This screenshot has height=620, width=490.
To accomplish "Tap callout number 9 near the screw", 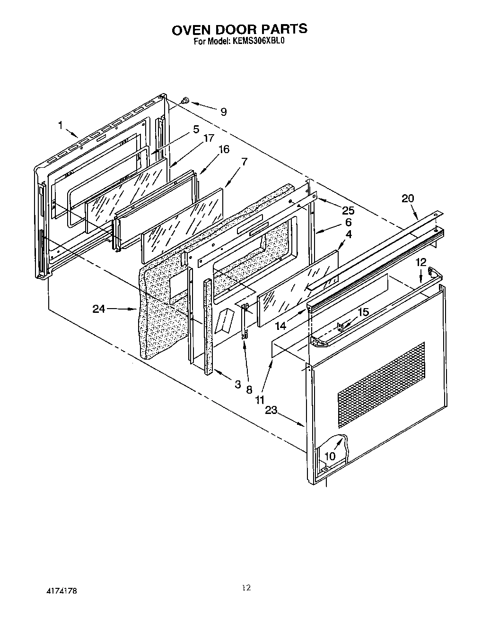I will click(x=223, y=112).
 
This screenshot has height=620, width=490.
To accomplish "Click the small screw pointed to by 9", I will click(x=185, y=100).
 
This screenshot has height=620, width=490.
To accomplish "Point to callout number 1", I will click(x=61, y=125).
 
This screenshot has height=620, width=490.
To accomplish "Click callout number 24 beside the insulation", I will click(x=99, y=309).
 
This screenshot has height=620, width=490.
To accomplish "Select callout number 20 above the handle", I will click(x=408, y=198).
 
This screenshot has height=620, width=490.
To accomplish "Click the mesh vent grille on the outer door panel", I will click(x=381, y=384).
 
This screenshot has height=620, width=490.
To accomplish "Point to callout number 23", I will click(x=271, y=410).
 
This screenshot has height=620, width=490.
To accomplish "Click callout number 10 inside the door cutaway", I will click(x=330, y=456).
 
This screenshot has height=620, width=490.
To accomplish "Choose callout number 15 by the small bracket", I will click(x=363, y=312).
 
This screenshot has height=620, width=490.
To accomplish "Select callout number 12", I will click(x=420, y=262).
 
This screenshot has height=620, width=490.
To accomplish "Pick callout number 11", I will click(x=260, y=400).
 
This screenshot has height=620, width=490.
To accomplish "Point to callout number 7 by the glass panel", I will click(x=244, y=161).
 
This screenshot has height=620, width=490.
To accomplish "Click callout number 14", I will click(x=281, y=326).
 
